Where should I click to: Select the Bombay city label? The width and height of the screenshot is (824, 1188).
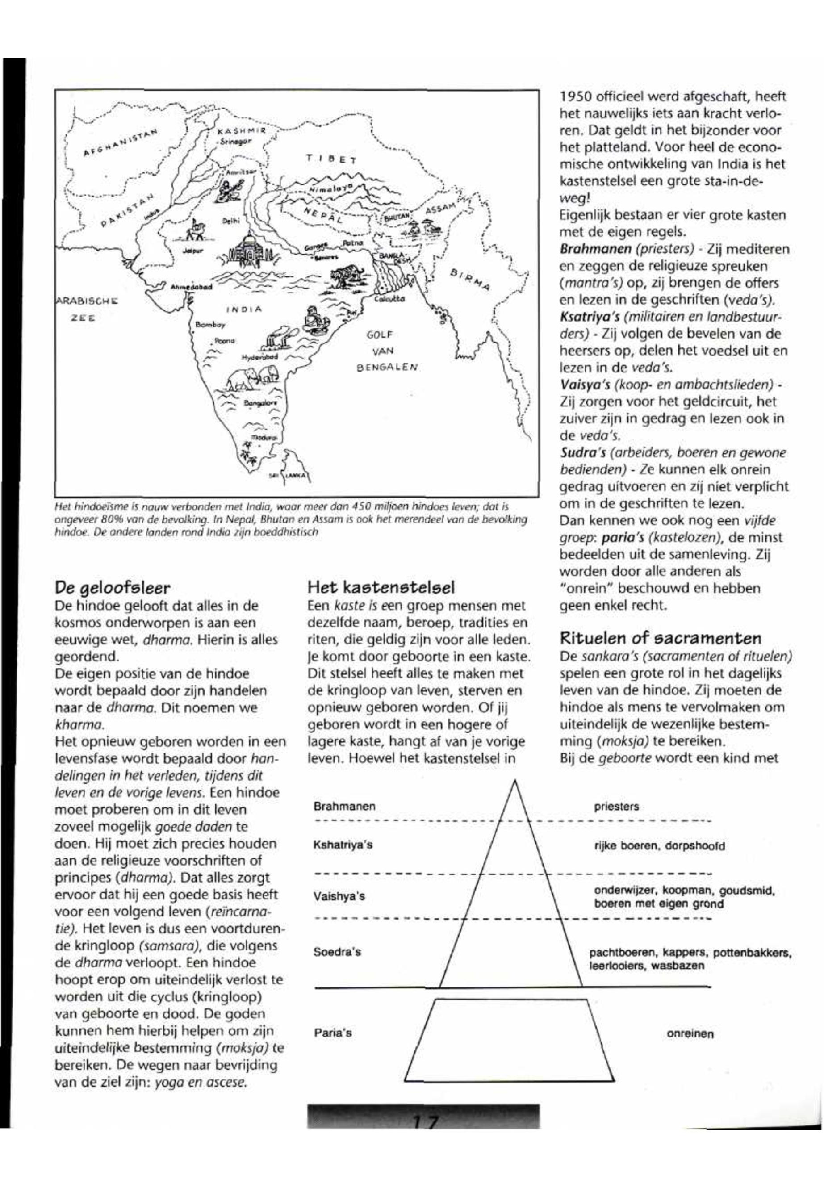click(209, 325)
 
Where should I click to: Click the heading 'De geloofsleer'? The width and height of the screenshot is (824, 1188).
click(112, 588)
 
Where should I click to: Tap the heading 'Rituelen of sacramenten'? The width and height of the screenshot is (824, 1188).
click(661, 638)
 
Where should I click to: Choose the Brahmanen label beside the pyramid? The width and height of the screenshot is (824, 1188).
click(344, 807)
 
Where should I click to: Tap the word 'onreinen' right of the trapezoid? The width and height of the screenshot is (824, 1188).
click(690, 1033)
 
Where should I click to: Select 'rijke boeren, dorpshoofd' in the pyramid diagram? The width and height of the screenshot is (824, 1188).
click(659, 846)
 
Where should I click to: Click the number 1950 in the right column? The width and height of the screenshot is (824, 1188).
click(576, 96)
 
